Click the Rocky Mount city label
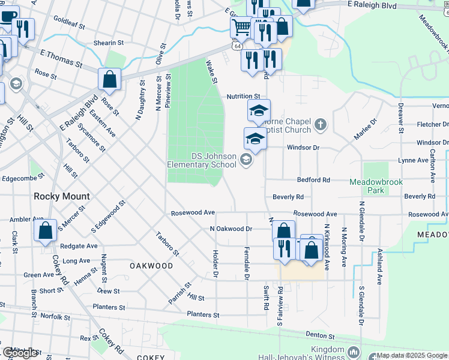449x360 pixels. pos(62,196)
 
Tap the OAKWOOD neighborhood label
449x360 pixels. pos(151,265)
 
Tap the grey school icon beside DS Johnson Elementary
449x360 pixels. pos(245,159)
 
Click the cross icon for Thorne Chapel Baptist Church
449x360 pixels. pos(321,125)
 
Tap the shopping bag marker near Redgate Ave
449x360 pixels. pos(46,231)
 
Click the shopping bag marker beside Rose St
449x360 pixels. pos(109,79)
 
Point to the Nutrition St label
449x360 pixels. pos(243,96)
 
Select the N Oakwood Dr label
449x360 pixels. pos(231,229)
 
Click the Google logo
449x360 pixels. pos(20,353)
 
